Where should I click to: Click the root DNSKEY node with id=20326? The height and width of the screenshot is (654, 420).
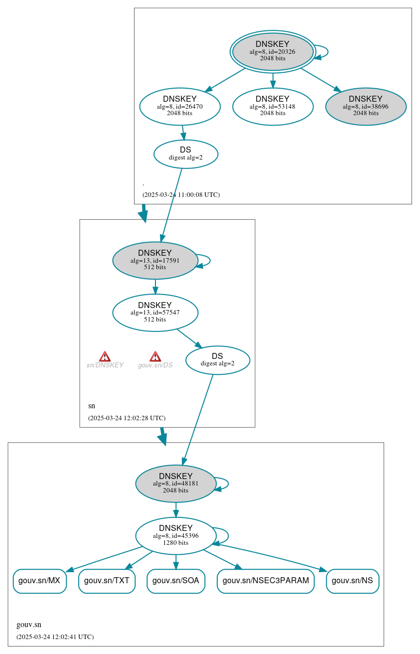pyautogui.click(x=273, y=51)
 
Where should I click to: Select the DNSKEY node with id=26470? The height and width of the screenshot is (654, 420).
pyautogui.click(x=180, y=106)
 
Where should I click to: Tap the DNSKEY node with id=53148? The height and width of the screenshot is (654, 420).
pyautogui.click(x=273, y=106)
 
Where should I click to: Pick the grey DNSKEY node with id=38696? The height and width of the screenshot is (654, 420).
pyautogui.click(x=366, y=106)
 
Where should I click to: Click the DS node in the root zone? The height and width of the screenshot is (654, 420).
pyautogui.click(x=185, y=154)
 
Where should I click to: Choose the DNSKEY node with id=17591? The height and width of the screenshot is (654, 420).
pyautogui.click(x=155, y=260)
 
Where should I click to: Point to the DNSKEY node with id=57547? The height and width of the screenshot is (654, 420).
pyautogui.click(x=155, y=313)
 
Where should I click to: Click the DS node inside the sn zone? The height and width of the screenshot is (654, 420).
pyautogui.click(x=217, y=360)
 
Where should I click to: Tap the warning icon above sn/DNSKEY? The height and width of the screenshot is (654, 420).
pyautogui.click(x=105, y=356)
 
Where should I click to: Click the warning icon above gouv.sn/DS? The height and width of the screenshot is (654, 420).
pyautogui.click(x=155, y=356)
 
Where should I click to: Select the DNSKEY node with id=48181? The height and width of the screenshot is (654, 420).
pyautogui.click(x=175, y=484)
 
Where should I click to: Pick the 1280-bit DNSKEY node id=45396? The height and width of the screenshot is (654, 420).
pyautogui.click(x=175, y=536)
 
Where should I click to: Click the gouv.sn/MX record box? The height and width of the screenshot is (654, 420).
pyautogui.click(x=39, y=581)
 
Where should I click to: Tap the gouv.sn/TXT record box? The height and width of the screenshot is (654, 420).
pyautogui.click(x=107, y=581)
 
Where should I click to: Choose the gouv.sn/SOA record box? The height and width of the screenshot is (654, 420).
pyautogui.click(x=175, y=581)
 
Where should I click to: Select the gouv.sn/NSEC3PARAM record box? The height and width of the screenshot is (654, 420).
pyautogui.click(x=266, y=581)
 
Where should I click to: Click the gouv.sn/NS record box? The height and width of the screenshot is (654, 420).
pyautogui.click(x=352, y=581)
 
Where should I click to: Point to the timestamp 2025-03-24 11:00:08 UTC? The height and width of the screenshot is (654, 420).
pyautogui.click(x=181, y=195)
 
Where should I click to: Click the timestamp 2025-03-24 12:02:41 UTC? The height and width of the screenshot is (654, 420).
pyautogui.click(x=55, y=637)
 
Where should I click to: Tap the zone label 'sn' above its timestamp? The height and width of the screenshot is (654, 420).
pyautogui.click(x=92, y=406)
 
